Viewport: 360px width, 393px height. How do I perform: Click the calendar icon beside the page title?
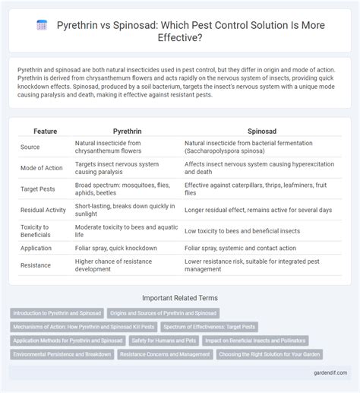click(x=43, y=25)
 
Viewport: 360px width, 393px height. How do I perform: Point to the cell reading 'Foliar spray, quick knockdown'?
click(x=115, y=249)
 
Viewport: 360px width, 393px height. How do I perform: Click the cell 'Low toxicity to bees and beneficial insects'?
click(x=242, y=230)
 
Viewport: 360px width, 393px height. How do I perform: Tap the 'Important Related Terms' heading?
click(x=180, y=300)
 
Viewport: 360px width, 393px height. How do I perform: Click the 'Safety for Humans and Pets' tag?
click(x=165, y=341)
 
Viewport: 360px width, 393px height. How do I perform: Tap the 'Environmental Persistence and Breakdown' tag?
click(x=63, y=354)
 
